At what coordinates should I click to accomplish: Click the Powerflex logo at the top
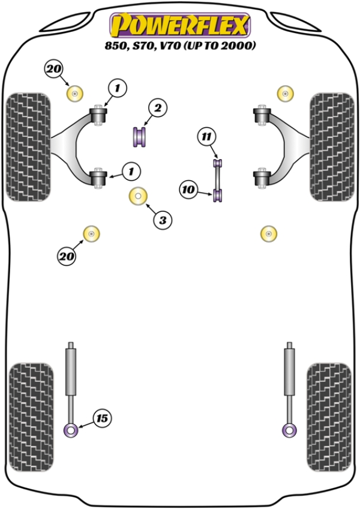179,26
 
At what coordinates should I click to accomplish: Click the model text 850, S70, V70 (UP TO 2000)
179,46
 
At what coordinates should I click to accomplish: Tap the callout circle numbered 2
157,108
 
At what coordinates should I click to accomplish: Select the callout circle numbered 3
161,220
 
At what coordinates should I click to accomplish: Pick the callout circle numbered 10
188,190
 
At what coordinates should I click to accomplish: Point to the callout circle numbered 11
206,137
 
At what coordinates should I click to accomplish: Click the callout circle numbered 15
103,417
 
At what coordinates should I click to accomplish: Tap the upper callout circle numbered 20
53,69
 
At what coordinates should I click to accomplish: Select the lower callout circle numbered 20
67,257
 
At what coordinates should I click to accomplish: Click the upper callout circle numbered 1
118,89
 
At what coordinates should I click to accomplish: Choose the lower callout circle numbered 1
131,172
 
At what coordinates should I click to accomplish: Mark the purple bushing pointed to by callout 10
218,194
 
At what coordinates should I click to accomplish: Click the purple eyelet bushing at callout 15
71,430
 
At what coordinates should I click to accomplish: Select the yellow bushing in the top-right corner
286,93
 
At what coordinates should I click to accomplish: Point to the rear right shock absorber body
290,380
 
